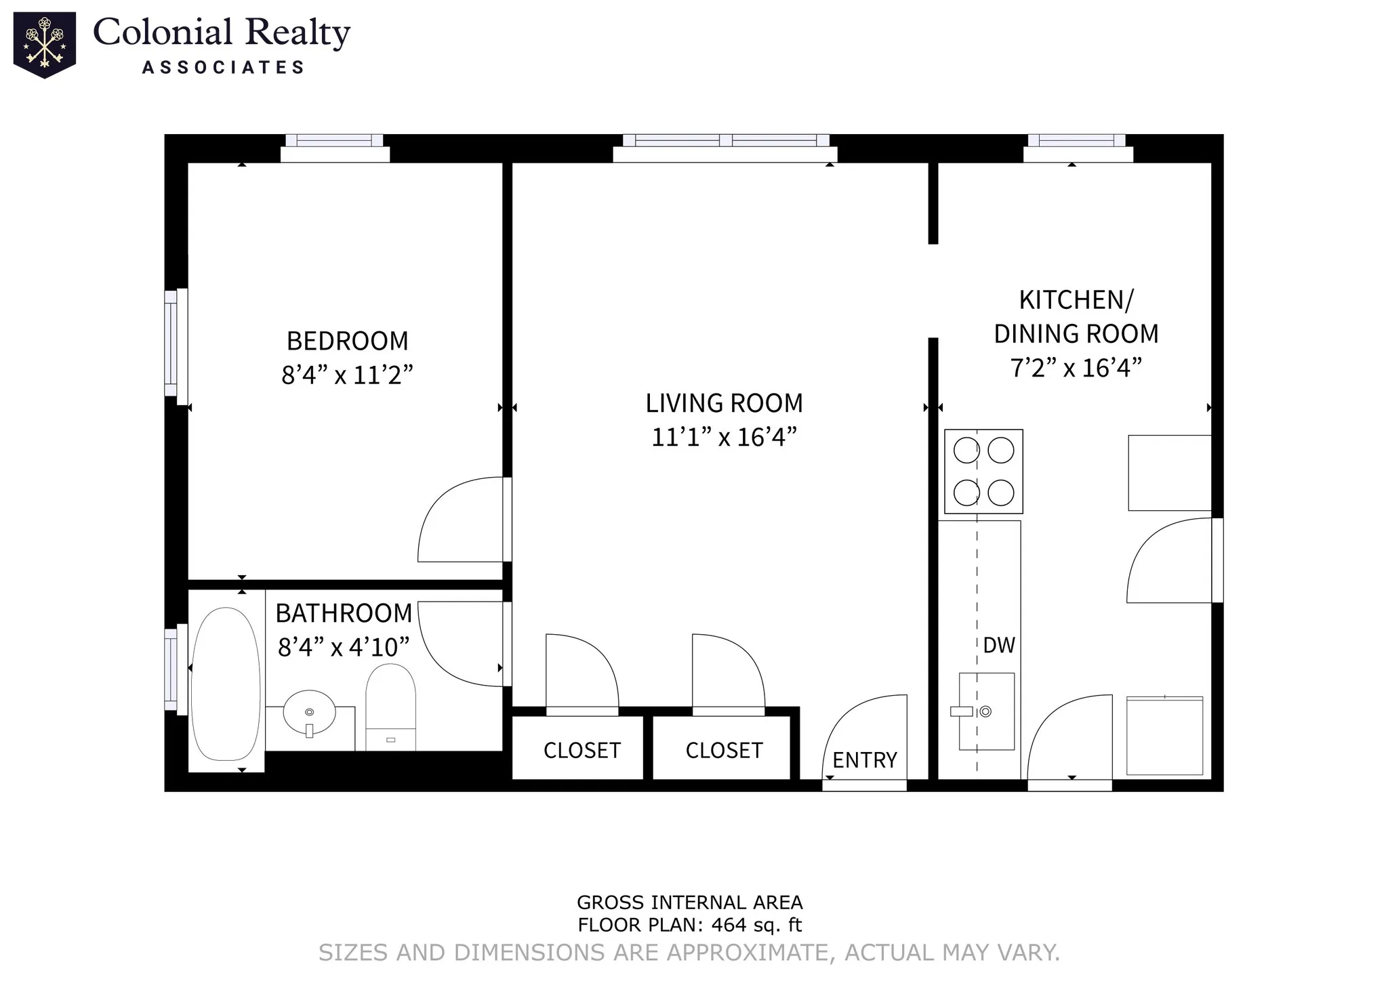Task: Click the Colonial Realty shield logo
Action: pos(45,45)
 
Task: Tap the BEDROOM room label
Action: pos(347,341)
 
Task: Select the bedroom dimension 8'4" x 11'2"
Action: pos(347,375)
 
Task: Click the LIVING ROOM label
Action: pos(724,403)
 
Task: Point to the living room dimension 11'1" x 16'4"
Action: pos(724,437)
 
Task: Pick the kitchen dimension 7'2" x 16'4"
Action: pos(1076,368)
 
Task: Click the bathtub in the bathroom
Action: pos(226,684)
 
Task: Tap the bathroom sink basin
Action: pos(309,713)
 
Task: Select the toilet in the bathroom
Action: pos(390,707)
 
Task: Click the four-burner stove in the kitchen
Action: pos(983,472)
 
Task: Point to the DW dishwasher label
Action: pos(999,645)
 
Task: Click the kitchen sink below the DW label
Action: pos(986,711)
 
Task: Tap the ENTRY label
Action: pos(865,760)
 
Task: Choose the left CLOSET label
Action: pos(582,751)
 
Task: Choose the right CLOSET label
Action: pos(724,751)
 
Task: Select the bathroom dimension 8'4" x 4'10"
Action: pos(344,647)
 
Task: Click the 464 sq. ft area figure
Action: pos(756,925)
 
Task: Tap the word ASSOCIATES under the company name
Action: pos(223,67)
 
